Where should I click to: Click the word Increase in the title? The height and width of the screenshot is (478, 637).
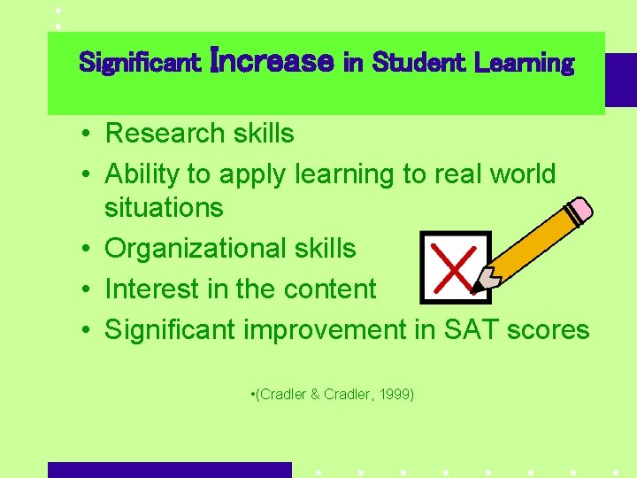[272, 61]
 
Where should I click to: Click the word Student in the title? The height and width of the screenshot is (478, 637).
[418, 63]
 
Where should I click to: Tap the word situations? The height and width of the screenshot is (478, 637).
[164, 208]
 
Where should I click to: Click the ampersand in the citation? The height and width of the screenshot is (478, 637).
[316, 394]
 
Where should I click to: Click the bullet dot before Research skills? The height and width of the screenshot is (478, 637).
[81, 135]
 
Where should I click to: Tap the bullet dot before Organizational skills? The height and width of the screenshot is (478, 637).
[81, 250]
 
